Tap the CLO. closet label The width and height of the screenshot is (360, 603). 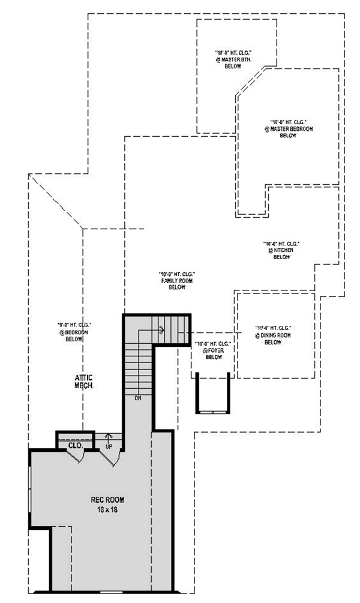(75, 446)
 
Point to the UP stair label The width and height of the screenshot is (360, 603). (109, 447)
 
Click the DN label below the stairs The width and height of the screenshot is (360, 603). (138, 398)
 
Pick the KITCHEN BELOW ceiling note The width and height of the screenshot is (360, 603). (281, 250)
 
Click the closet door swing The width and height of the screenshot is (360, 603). (78, 457)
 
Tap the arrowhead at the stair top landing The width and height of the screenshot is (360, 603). (161, 328)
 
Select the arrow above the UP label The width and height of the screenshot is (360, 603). (109, 436)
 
